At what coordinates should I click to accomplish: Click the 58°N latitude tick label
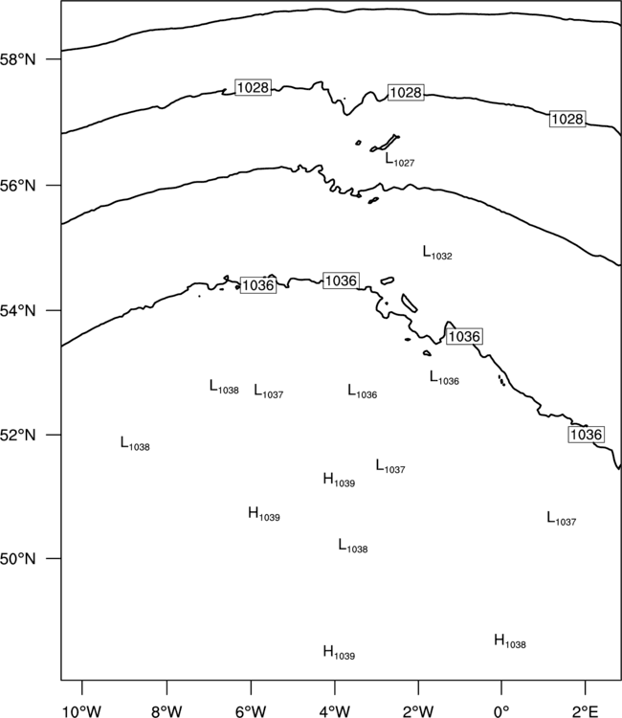click(x=18, y=59)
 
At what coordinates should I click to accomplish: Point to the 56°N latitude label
click(x=18, y=186)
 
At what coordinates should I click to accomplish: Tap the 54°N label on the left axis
click(x=18, y=311)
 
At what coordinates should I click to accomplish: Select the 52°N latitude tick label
click(x=18, y=435)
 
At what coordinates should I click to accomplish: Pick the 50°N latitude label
click(x=18, y=559)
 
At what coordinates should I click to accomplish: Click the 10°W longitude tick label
click(x=82, y=711)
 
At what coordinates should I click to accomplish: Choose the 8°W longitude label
click(x=167, y=711)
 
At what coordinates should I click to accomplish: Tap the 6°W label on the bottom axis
click(x=251, y=711)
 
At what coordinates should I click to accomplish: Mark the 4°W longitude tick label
click(x=335, y=711)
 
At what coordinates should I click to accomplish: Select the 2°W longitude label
click(x=418, y=711)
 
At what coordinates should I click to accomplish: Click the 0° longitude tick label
click(x=501, y=711)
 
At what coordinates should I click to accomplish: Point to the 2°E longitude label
click(x=586, y=711)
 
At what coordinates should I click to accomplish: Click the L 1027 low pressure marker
click(x=400, y=160)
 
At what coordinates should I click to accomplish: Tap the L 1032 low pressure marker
click(x=437, y=253)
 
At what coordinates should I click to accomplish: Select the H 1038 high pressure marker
click(x=510, y=641)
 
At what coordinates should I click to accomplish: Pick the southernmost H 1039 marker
click(x=339, y=653)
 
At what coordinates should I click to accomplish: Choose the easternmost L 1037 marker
click(x=562, y=518)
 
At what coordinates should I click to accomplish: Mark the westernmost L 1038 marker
click(x=135, y=443)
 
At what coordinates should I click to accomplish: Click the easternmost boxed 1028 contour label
click(x=567, y=119)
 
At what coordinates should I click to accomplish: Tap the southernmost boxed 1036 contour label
click(x=586, y=434)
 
